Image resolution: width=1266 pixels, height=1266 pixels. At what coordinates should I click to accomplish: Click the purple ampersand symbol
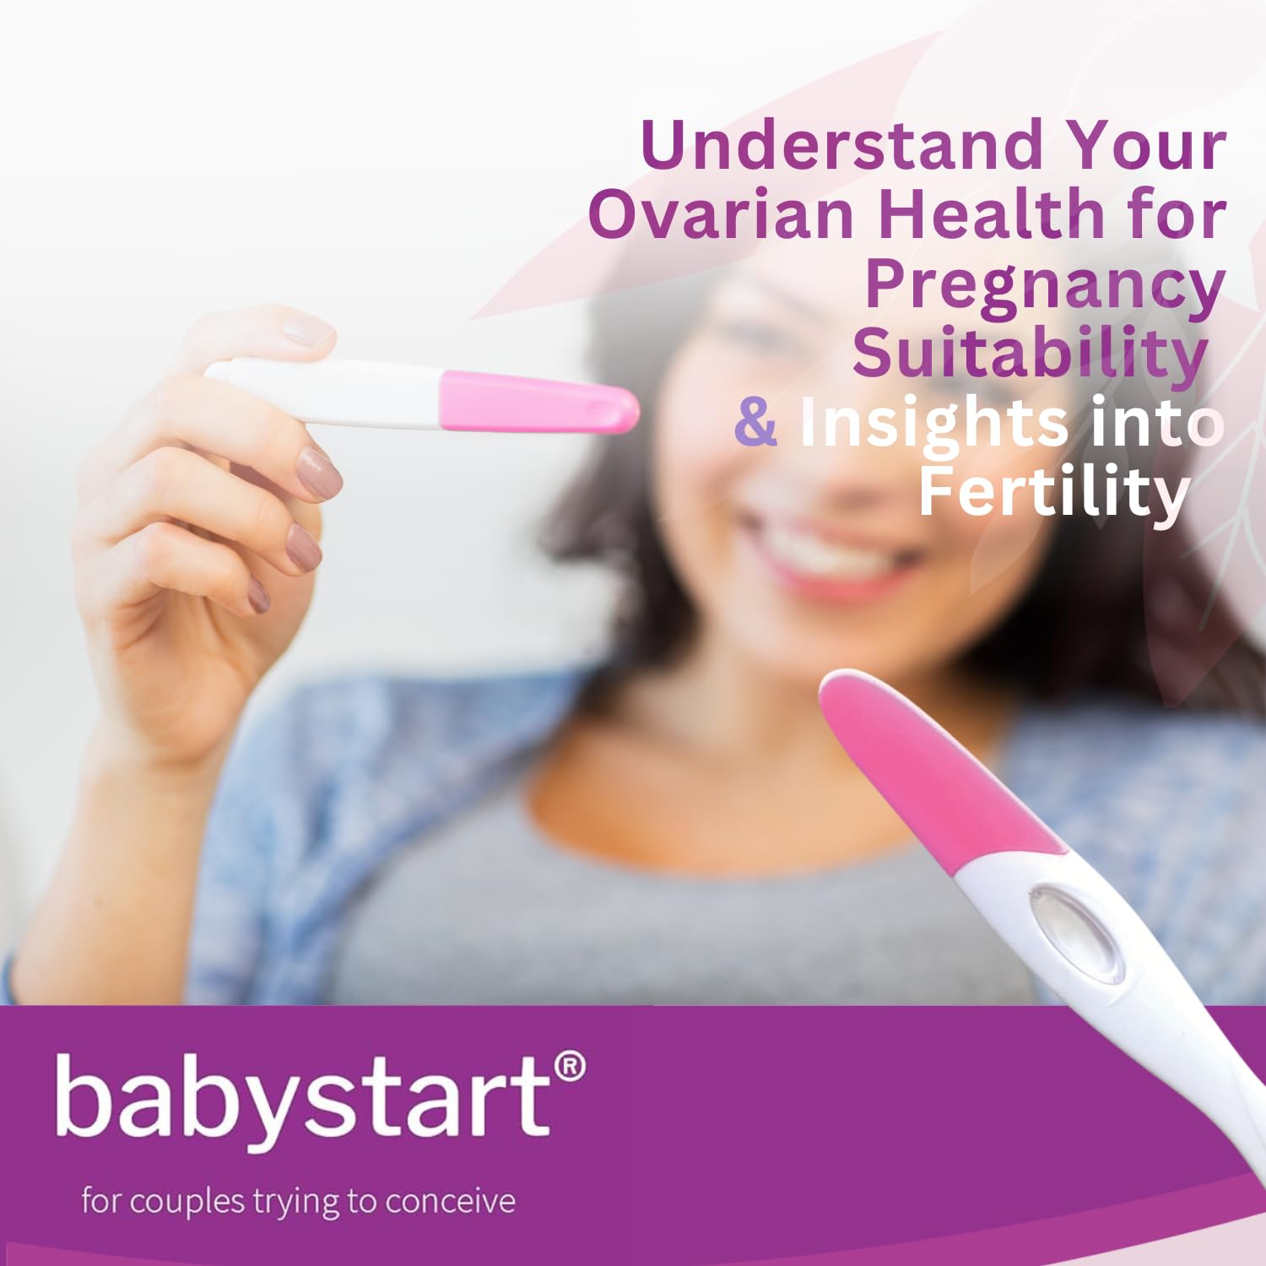(755, 422)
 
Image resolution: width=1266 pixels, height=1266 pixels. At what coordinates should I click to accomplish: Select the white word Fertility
(1053, 494)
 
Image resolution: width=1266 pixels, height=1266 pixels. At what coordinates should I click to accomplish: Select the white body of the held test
(325, 390)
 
